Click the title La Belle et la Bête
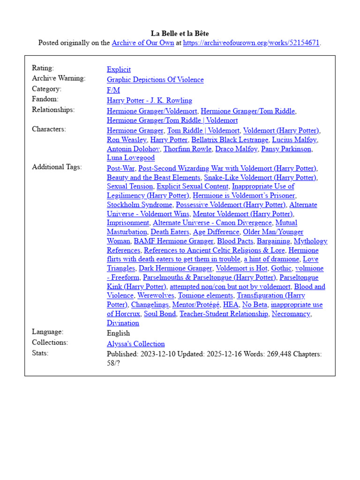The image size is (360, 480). pyautogui.click(x=180, y=33)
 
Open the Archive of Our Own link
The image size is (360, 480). pyautogui.click(x=142, y=43)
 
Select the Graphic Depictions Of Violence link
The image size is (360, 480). pyautogui.click(x=155, y=80)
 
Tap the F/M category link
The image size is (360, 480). pyautogui.click(x=113, y=90)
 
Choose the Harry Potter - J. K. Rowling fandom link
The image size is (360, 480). pyautogui.click(x=149, y=100)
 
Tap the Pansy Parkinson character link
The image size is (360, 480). pyautogui.click(x=286, y=149)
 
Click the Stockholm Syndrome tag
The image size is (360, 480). pyautogui.click(x=139, y=205)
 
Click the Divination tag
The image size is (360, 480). pyautogui.click(x=123, y=323)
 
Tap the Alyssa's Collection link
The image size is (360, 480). pyautogui.click(x=135, y=344)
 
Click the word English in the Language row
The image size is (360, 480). pyautogui.click(x=118, y=333)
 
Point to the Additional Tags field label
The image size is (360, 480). pyautogui.click(x=57, y=167)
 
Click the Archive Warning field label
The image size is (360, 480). pyautogui.click(x=59, y=78)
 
